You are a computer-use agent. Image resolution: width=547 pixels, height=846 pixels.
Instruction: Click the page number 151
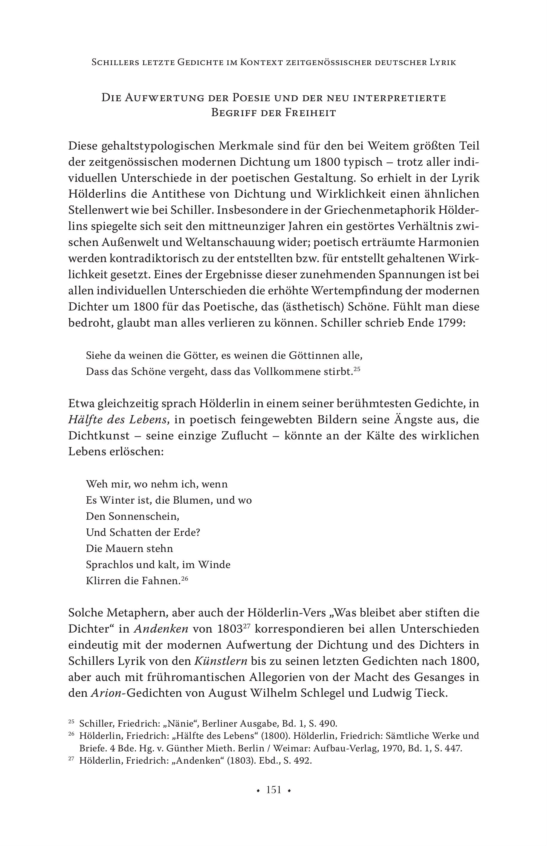point(273,790)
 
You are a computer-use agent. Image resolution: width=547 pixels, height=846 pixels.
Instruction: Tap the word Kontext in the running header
point(261,62)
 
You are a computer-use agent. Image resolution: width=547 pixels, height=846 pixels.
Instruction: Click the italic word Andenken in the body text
point(161,629)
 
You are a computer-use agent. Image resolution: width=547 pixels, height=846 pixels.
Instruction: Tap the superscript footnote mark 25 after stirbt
point(357,369)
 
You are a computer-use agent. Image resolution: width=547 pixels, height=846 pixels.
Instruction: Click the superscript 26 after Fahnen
point(184,579)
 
